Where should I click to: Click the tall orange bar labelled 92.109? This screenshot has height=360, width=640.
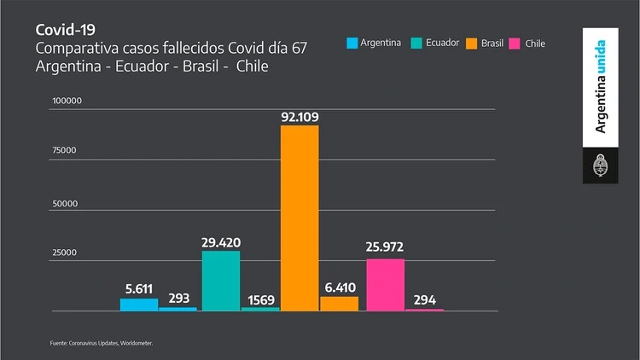click(x=300, y=218)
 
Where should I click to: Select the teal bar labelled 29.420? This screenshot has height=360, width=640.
click(x=221, y=281)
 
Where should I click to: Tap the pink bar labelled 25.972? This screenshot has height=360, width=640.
click(x=385, y=284)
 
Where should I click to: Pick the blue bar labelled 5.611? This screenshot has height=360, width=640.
click(x=139, y=304)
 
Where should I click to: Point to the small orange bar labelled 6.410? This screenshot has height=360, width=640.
click(x=339, y=303)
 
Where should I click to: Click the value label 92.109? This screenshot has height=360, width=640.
click(x=300, y=116)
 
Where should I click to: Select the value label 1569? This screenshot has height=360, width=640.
click(x=259, y=299)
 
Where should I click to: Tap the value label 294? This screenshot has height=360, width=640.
click(x=424, y=299)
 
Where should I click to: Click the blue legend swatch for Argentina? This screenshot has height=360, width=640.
click(x=352, y=43)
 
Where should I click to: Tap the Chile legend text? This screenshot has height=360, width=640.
click(x=535, y=43)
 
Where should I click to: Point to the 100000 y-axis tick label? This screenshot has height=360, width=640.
click(x=66, y=102)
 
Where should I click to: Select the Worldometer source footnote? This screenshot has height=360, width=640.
click(x=101, y=343)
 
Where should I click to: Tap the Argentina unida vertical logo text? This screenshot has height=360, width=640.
click(x=601, y=86)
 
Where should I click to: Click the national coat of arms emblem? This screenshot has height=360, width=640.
click(x=601, y=165)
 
